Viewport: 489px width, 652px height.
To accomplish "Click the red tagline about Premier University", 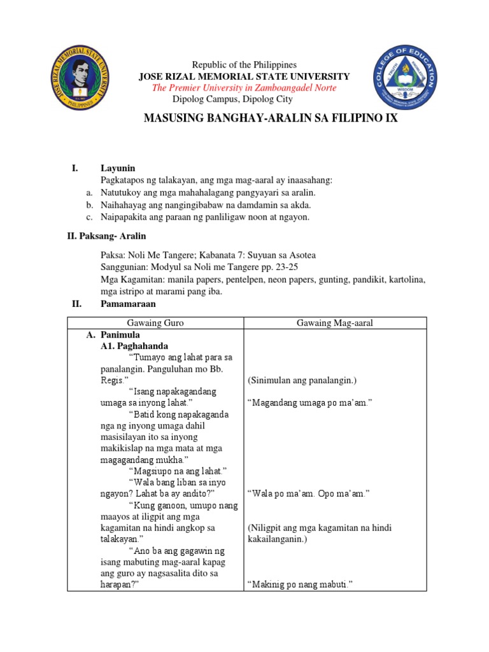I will click(244, 88).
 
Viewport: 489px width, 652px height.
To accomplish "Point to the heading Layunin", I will click(118, 168).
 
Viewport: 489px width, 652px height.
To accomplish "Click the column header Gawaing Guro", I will click(155, 323).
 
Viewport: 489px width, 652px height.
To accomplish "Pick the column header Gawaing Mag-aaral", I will click(335, 323).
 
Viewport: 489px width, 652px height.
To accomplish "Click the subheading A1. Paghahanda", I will click(134, 346).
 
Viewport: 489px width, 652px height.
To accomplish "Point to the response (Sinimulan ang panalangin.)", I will click(302, 381).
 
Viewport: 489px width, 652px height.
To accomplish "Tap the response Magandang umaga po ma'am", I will click(309, 404).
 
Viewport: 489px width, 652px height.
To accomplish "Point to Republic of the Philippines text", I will click(245, 65).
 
